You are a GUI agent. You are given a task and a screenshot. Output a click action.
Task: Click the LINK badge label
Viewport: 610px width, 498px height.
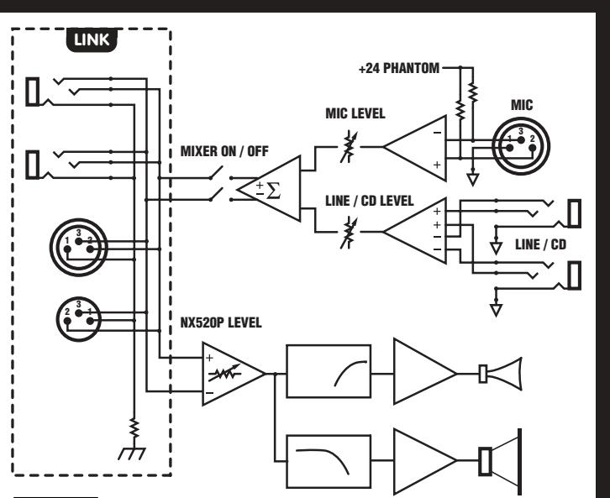92,39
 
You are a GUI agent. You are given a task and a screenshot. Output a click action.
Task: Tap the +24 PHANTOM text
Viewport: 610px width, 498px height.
399,68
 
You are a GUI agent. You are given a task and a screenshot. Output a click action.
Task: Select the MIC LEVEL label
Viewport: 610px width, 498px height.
355,113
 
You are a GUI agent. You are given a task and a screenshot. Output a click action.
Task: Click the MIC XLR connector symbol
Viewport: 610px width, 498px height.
521,146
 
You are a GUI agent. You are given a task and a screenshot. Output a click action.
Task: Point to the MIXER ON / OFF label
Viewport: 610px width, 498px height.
224,151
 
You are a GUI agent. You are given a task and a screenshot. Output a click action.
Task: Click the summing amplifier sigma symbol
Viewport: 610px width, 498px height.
273,191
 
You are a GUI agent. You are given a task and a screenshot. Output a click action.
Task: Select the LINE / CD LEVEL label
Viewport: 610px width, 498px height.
369,201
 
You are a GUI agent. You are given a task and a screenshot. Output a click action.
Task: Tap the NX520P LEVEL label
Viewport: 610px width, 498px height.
221,322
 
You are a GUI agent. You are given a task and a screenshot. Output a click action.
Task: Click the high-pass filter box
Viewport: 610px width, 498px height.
329,371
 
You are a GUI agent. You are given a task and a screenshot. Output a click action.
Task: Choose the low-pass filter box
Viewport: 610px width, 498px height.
329,461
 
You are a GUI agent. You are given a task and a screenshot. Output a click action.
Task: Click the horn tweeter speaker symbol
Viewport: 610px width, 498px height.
500,374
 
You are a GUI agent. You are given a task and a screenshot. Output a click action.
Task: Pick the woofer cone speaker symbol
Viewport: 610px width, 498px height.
500,461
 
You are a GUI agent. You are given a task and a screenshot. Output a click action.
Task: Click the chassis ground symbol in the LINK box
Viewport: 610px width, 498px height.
132,453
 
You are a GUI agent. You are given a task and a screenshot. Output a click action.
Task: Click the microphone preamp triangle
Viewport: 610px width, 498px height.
415,148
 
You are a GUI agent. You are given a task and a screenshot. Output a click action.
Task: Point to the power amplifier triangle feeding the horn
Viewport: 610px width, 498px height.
425,371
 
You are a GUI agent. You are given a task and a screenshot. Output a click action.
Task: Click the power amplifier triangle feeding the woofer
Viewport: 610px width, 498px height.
425,461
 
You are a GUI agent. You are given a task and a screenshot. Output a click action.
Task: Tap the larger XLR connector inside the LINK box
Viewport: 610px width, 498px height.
79,247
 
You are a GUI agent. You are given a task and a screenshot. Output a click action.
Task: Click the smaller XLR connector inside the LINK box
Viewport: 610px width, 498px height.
79,319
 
